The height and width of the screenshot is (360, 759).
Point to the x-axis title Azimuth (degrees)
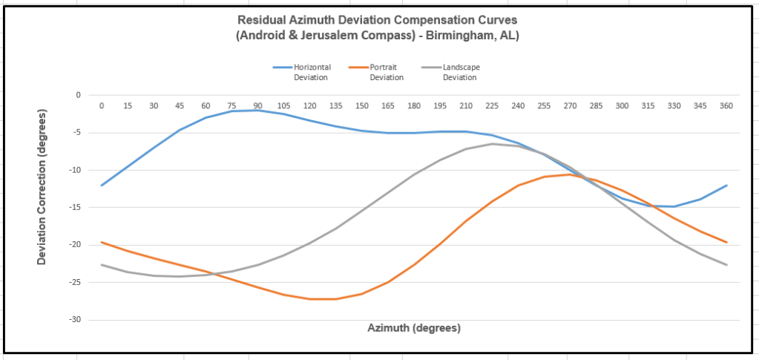click(x=414, y=327)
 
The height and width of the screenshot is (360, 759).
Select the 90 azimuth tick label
click(x=258, y=106)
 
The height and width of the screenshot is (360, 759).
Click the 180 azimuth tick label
click(x=414, y=106)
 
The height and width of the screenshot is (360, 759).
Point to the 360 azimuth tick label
click(x=726, y=106)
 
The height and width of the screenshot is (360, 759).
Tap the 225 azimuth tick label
click(x=492, y=106)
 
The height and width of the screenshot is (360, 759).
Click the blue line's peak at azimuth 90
click(x=258, y=110)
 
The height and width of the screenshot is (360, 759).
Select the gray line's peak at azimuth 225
click(x=492, y=143)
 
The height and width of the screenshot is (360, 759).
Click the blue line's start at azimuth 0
click(x=102, y=186)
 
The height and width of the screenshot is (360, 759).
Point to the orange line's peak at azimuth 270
click(x=570, y=174)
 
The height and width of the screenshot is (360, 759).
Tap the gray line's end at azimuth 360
click(x=726, y=265)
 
